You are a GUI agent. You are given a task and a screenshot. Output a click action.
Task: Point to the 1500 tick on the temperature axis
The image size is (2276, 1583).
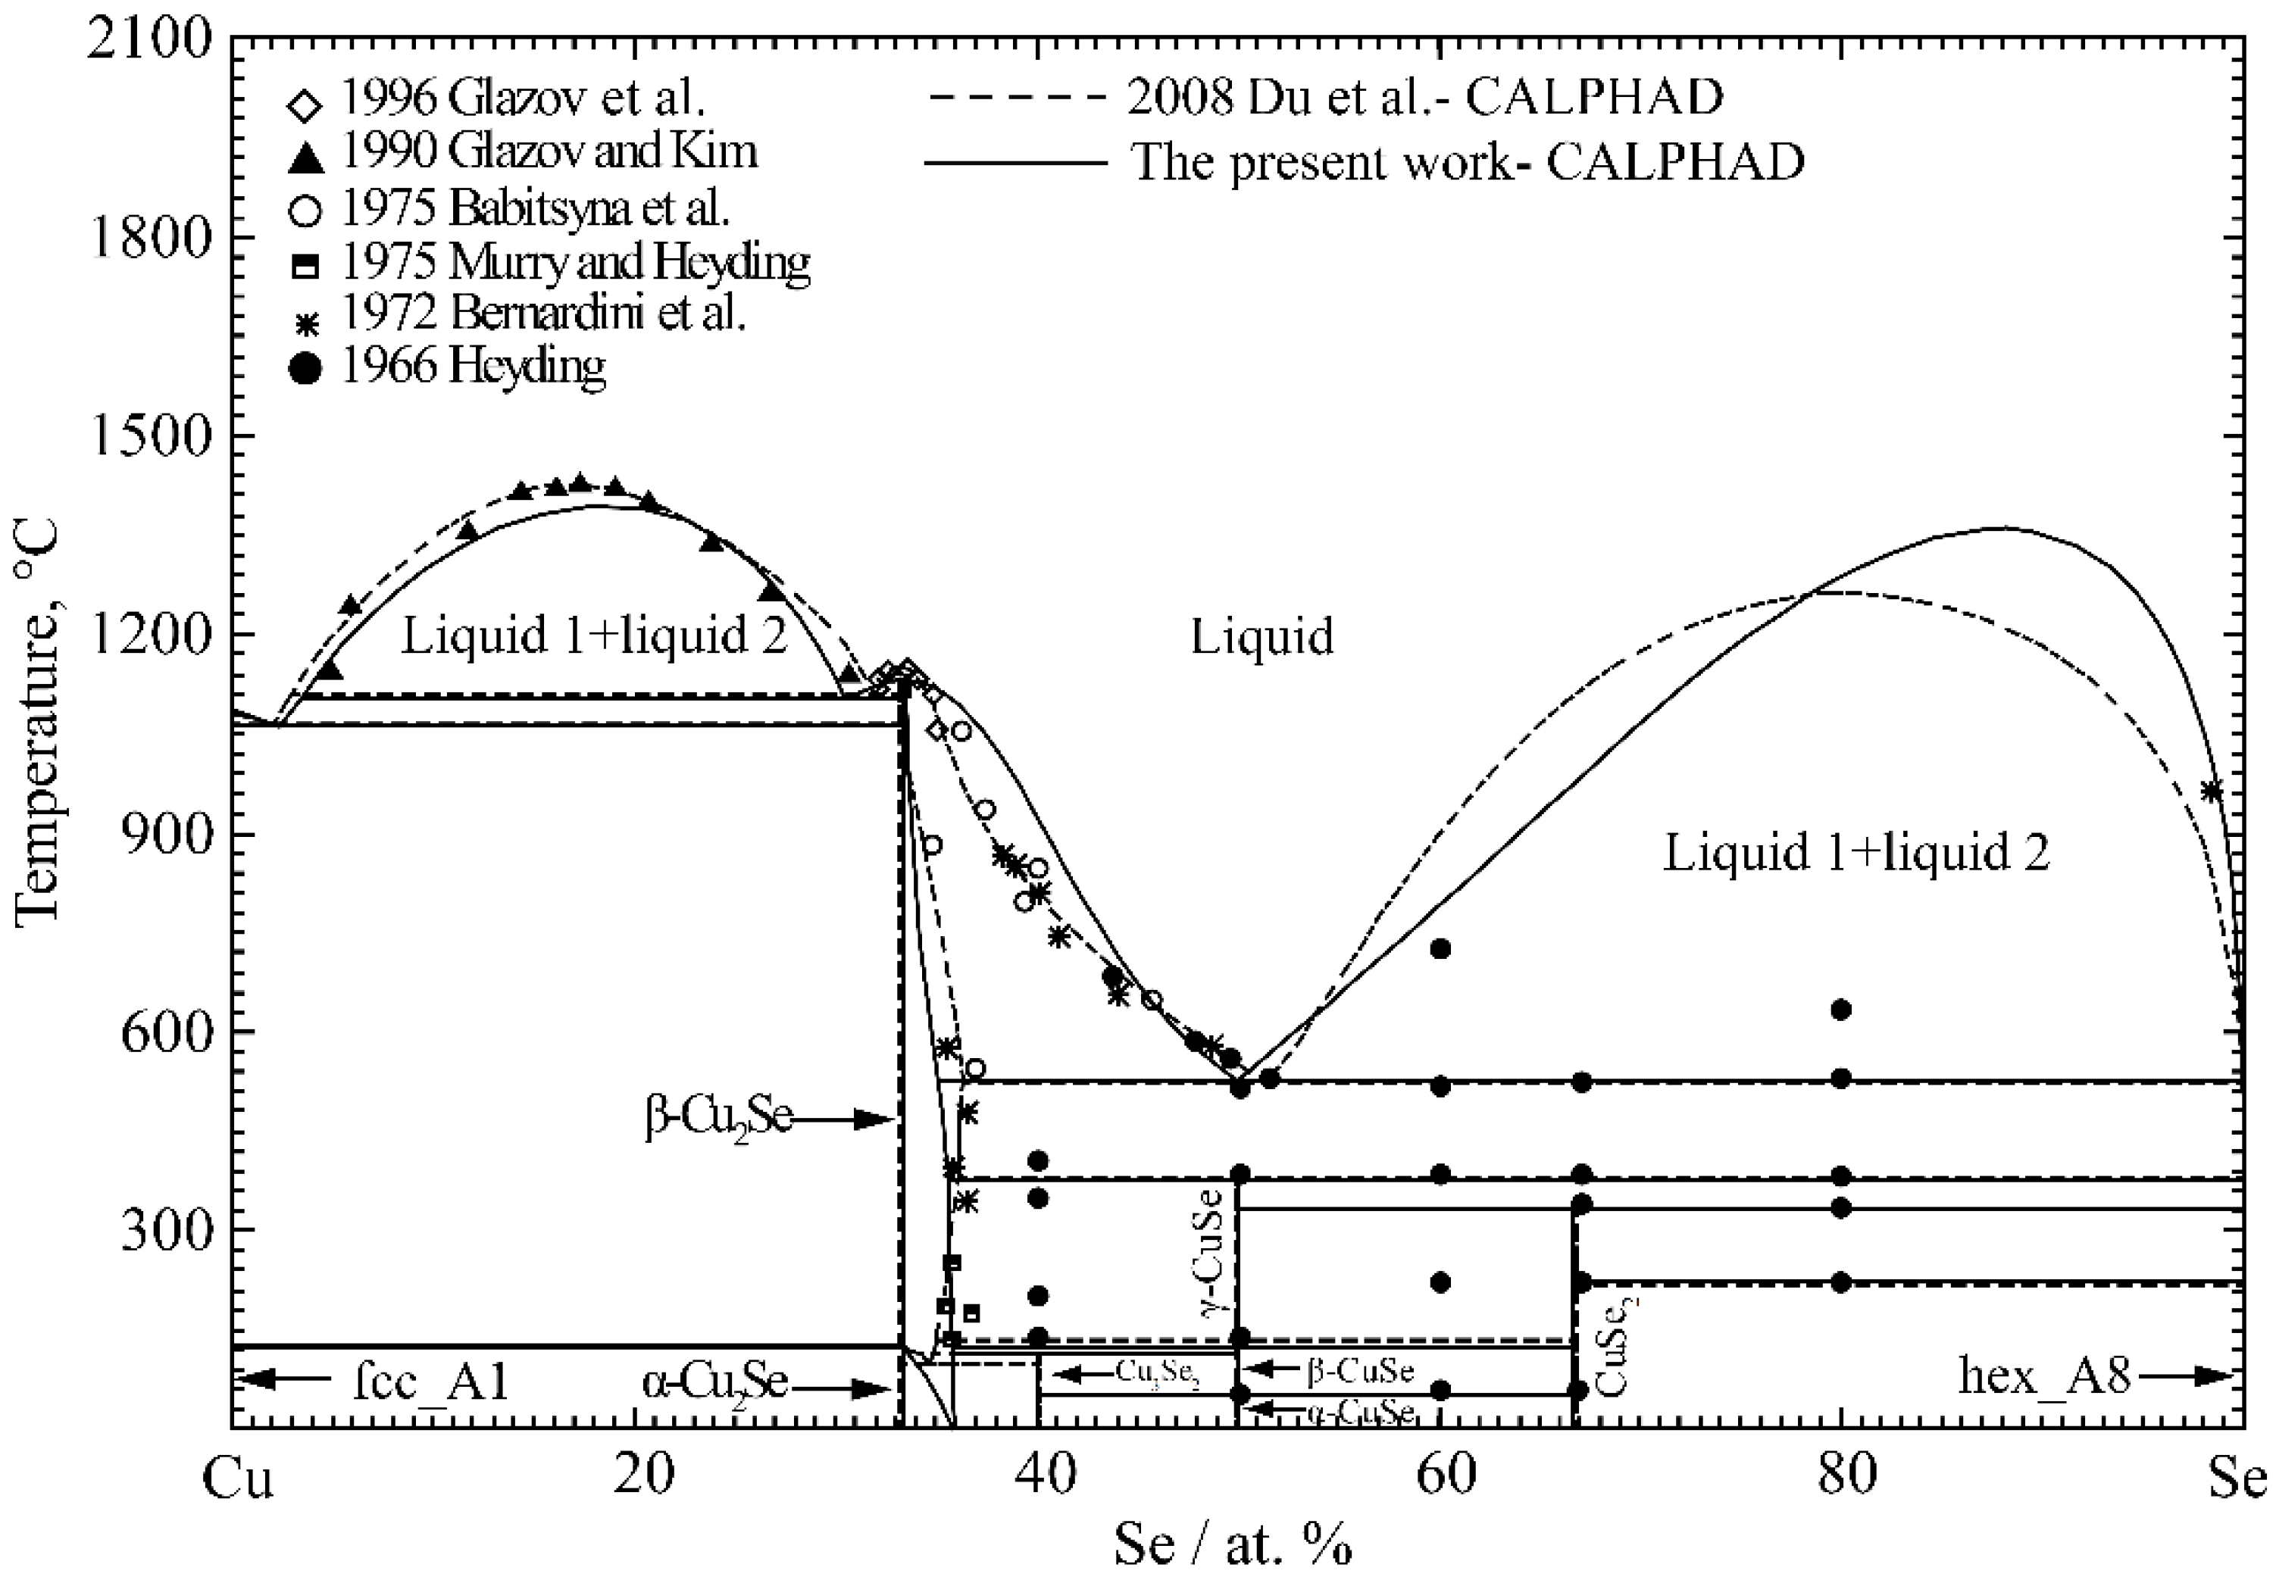(x=149, y=436)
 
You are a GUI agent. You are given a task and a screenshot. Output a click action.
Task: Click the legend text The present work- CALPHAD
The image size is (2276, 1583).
(x=1467, y=161)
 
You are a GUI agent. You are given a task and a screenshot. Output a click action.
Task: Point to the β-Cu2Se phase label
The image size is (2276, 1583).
(x=719, y=1120)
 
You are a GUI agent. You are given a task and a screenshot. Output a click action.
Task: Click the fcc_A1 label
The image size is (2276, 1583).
(x=431, y=1381)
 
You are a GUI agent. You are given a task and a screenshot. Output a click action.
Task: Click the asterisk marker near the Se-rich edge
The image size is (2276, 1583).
(x=2212, y=790)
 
